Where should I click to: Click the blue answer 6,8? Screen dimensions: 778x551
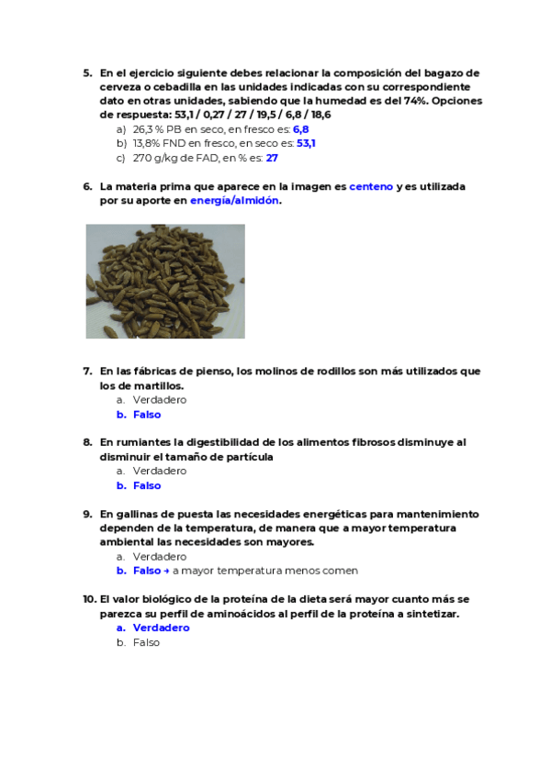[x=300, y=129]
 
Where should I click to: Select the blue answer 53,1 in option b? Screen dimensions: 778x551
[x=306, y=143]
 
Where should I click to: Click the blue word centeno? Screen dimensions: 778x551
[x=371, y=186]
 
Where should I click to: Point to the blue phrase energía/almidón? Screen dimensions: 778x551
[x=234, y=200]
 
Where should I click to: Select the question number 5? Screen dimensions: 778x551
[x=87, y=73]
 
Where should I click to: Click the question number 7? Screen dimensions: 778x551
[x=87, y=372]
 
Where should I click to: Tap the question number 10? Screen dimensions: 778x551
[x=89, y=599]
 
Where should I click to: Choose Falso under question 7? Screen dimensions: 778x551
[x=147, y=415]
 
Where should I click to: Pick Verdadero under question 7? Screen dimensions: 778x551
[x=160, y=400]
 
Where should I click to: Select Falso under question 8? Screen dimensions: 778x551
[x=147, y=485]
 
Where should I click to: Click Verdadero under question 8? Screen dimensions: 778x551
[x=160, y=471]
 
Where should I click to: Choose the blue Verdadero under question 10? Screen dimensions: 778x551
[x=161, y=628]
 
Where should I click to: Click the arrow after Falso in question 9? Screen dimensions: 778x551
[x=167, y=571]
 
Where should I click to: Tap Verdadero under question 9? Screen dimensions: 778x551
[x=160, y=556]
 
